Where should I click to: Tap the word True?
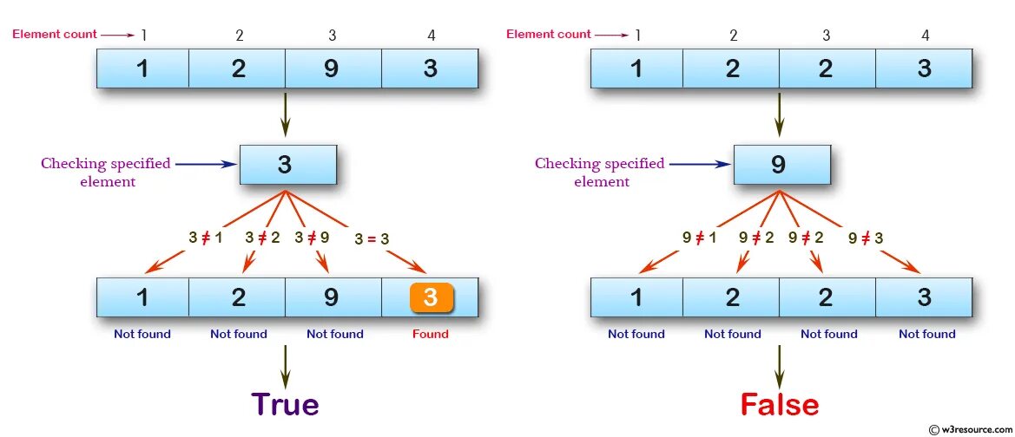click(286, 404)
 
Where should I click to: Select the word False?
click(779, 404)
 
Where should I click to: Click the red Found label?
click(431, 334)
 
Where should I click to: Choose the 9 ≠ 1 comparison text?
click(698, 238)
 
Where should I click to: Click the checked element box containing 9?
click(779, 164)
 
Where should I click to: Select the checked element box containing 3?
click(286, 164)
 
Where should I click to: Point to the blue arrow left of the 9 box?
click(699, 163)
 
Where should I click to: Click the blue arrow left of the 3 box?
click(205, 163)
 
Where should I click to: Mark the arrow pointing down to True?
click(285, 368)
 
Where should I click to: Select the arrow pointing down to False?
click(779, 368)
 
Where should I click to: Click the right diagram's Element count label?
click(548, 34)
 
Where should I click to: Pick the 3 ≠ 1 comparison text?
click(205, 238)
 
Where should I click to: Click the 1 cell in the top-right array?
click(636, 68)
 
